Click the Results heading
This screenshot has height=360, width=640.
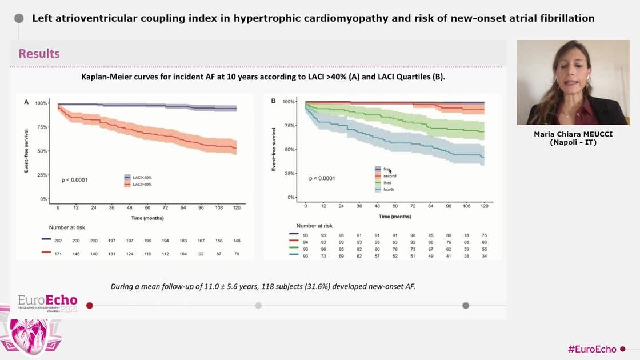(39, 54)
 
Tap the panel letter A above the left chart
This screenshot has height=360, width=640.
(26, 102)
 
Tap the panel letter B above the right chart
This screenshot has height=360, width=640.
(273, 101)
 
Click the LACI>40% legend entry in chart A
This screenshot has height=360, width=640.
(142, 185)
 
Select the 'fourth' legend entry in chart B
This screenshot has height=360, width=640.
(389, 190)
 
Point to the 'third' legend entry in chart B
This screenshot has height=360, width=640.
(387, 183)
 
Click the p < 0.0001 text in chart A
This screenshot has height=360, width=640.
(74, 181)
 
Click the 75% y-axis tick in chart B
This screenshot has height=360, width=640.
(289, 126)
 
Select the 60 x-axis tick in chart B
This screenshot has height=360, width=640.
(395, 206)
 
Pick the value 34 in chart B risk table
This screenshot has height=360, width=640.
(484, 257)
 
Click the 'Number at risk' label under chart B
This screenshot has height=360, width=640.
(314, 226)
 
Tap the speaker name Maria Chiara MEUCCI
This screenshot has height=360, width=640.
(573, 135)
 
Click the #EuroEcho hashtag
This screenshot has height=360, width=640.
(591, 349)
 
